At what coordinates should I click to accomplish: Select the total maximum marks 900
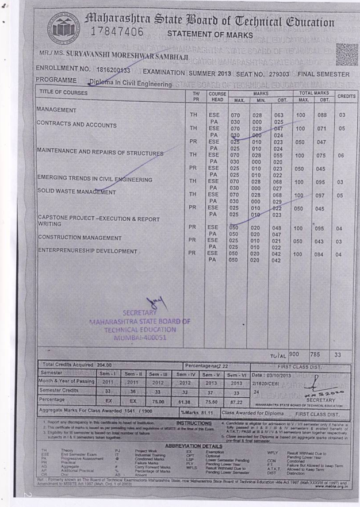pyautogui.click(x=295, y=355)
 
